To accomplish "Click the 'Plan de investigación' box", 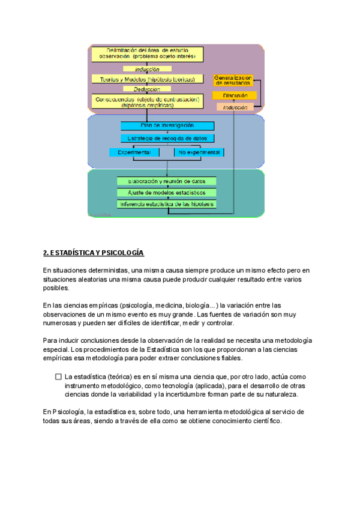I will [167, 126].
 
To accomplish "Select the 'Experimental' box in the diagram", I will [134, 152].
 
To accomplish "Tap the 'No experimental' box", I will [199, 152].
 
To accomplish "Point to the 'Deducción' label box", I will [147, 89].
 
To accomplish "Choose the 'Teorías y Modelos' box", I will [147, 79].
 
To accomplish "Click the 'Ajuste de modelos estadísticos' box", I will [166, 193].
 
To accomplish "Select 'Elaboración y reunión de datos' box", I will [166, 181].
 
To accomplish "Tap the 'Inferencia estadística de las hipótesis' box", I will [166, 204].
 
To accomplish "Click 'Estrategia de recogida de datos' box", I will [167, 138].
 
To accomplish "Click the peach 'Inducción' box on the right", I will [235, 107].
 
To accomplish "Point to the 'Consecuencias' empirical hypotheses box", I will [147, 101].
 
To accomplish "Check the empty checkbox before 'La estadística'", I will [58, 376].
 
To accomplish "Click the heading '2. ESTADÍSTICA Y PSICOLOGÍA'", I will [94, 253].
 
